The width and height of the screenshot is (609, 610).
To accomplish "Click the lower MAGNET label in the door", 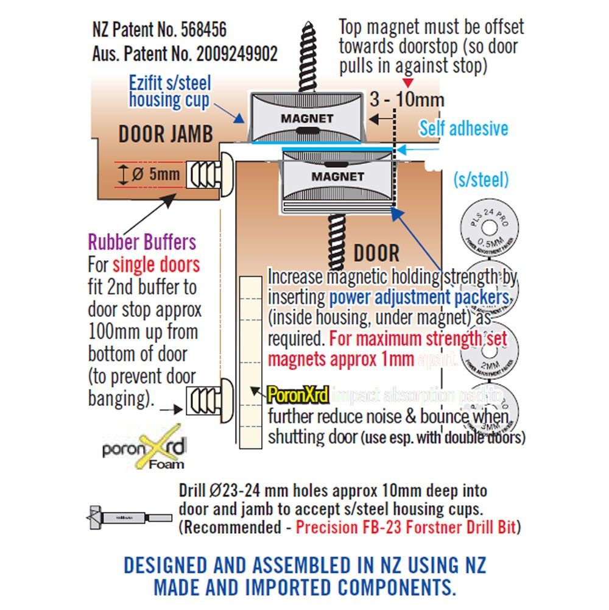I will point(337,176).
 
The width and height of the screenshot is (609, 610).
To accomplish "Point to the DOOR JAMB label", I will point(166,134).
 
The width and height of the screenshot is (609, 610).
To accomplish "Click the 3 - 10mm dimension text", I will point(407,99).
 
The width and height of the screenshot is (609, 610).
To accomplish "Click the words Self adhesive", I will point(463,128).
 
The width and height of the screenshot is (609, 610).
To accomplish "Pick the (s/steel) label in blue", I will point(481,179).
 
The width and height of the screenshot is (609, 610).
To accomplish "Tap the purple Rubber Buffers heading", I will point(143,243).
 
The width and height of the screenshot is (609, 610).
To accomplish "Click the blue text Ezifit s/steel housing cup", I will point(170,91).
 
